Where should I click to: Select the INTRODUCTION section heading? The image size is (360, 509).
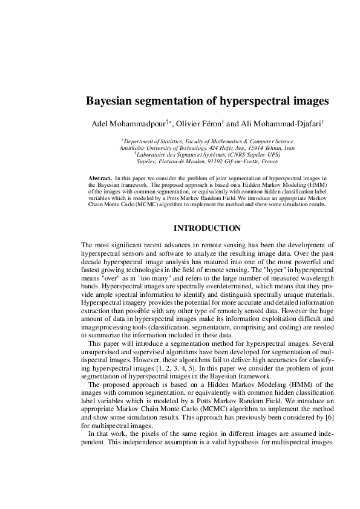(208, 229)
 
